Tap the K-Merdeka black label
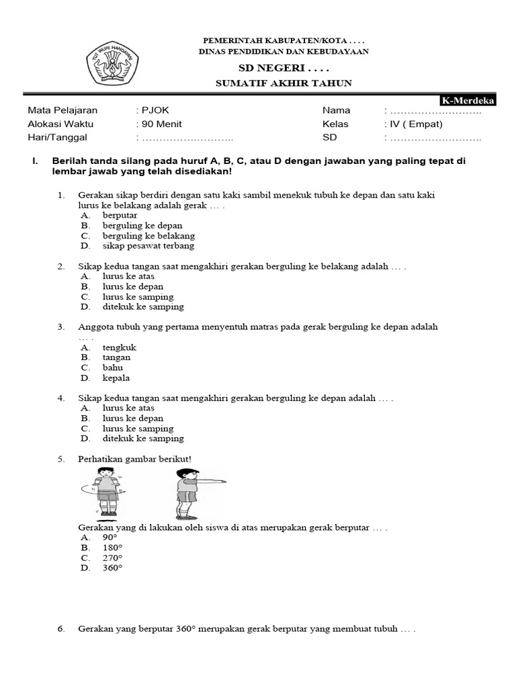coord(468,101)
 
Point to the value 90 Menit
coord(161,124)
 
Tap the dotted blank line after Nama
coord(435,110)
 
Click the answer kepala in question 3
coord(116,378)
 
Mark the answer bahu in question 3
coord(112,368)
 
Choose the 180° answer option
coord(113,548)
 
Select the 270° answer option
coord(113,558)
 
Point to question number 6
coord(61,630)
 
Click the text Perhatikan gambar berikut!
coord(134,459)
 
